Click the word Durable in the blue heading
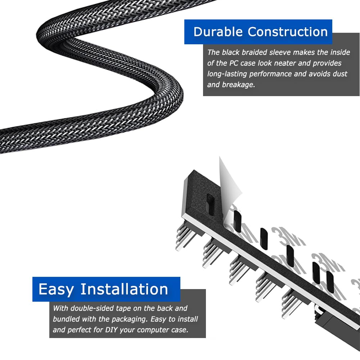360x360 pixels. pos(218,32)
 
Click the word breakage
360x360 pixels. pos(238,85)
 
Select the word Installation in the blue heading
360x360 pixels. pos(124,289)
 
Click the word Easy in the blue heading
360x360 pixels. pos(56,290)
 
